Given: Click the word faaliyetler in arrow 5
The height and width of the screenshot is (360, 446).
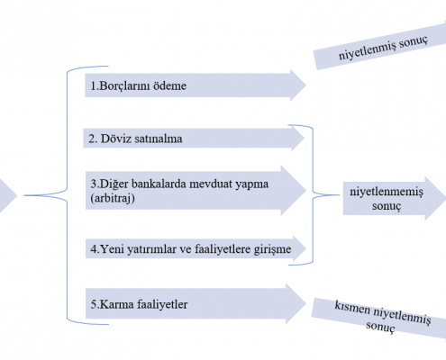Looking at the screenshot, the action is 162,304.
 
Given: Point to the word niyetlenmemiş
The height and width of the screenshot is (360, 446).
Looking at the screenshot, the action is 387,192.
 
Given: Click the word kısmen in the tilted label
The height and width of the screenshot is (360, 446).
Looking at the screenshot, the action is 352,308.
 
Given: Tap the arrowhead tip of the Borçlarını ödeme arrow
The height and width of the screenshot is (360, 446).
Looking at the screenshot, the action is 306,85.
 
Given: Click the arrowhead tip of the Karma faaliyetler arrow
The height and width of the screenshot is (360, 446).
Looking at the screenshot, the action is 306,303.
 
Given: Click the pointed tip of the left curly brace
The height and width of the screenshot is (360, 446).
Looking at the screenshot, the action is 24,195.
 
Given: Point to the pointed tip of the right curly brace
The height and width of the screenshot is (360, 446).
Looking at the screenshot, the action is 340,195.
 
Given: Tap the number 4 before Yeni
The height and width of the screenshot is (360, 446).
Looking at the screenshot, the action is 94,249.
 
